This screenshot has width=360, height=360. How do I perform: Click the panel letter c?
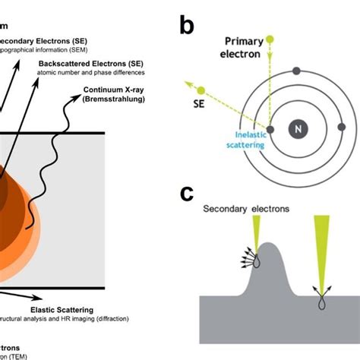click(188, 194)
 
